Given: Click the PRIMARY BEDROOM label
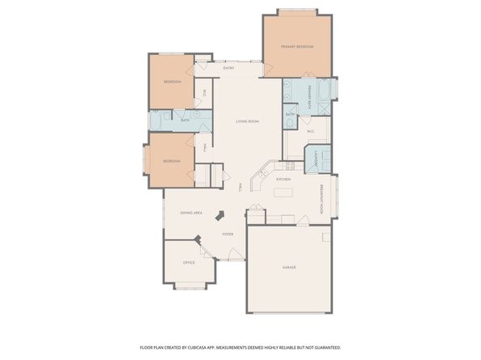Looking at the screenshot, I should pyautogui.click(x=296, y=47).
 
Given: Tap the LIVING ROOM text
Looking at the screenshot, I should pyautogui.click(x=247, y=121).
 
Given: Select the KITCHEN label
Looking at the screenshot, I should pyautogui.click(x=283, y=178).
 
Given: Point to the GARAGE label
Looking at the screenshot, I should pyautogui.click(x=289, y=267).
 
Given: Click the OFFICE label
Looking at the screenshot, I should pyautogui.click(x=189, y=262).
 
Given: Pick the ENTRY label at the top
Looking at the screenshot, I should pyautogui.click(x=228, y=68).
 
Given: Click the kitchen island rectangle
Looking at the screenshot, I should pyautogui.click(x=284, y=193).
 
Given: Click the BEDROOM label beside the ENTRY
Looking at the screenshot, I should pyautogui.click(x=172, y=82).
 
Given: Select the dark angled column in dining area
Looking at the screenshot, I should pyautogui.click(x=219, y=216).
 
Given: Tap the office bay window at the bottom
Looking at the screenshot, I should pyautogui.click(x=189, y=285).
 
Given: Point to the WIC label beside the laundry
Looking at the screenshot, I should pyautogui.click(x=311, y=130).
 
